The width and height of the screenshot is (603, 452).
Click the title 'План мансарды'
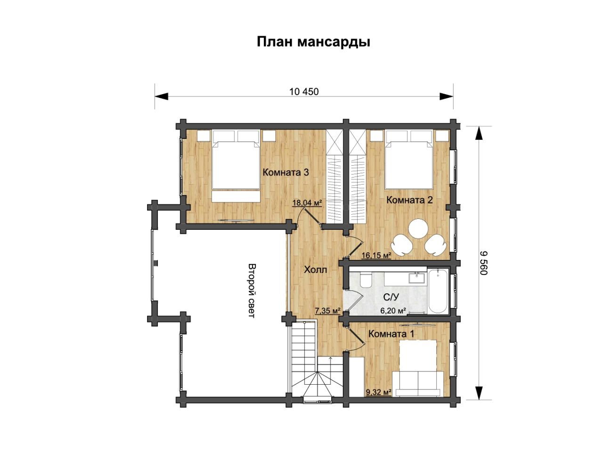click(313, 42)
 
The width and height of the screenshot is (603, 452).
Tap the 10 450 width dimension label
click(304, 92)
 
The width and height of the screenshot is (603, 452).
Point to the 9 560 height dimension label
click(483, 263)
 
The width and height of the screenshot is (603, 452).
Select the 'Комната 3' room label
click(285, 172)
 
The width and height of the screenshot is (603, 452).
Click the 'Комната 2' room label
click(409, 200)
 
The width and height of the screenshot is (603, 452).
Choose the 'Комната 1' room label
click(391, 334)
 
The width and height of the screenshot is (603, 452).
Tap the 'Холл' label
click(316, 270)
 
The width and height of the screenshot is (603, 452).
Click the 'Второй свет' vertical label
click(252, 291)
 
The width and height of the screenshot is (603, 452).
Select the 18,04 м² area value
click(307, 203)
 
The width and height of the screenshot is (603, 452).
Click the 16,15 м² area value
click(376, 255)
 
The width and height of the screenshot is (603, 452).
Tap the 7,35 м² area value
click(328, 311)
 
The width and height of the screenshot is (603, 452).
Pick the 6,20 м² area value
click(393, 311)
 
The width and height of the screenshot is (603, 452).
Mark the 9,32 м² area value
click(379, 393)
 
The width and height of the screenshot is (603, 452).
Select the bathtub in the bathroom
click(438, 291)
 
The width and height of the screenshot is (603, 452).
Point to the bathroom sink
click(417, 277)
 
